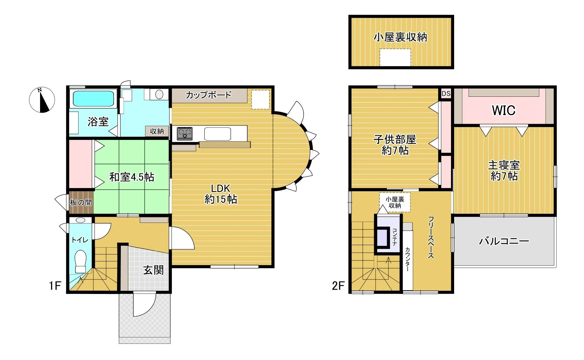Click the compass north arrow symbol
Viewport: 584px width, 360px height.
(42, 100)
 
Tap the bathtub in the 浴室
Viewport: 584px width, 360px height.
(93, 99)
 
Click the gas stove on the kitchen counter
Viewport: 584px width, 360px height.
(185, 134)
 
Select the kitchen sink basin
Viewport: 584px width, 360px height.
(218, 134)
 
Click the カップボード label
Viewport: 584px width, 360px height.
(208, 95)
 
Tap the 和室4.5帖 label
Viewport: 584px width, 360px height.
(132, 177)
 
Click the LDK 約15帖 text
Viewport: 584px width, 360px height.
(221, 194)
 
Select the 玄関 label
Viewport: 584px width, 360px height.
(153, 270)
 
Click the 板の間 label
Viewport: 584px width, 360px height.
(81, 203)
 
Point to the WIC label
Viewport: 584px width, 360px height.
(504, 110)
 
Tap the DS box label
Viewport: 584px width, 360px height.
(446, 93)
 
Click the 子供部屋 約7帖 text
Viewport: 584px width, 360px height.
(395, 145)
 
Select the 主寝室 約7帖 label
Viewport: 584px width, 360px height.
(504, 170)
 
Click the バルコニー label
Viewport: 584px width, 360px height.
(504, 241)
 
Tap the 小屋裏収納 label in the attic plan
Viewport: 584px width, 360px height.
(400, 37)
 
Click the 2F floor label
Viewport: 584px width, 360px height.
(338, 286)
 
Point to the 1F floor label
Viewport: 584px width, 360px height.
(55, 286)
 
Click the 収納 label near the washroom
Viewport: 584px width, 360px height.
(157, 131)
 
